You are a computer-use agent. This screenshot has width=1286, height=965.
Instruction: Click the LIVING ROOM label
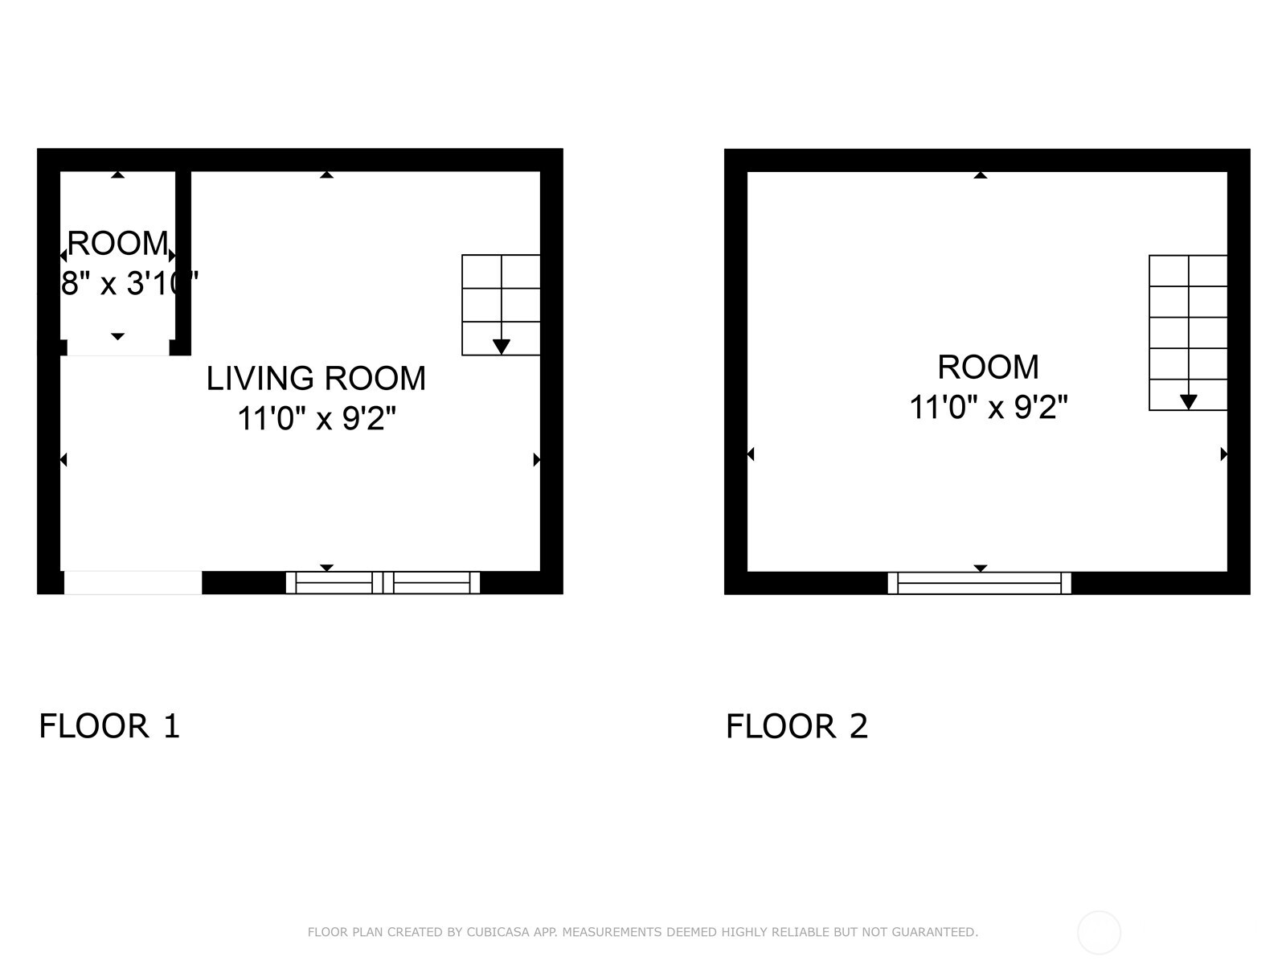click(316, 379)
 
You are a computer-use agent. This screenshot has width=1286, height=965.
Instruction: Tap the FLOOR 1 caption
click(109, 726)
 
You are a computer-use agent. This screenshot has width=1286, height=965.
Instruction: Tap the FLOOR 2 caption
click(797, 726)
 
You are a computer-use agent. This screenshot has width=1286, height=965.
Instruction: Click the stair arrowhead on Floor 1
click(501, 347)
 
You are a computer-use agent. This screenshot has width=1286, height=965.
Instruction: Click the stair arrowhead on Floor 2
click(1188, 402)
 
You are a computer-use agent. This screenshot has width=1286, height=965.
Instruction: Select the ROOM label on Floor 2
click(988, 368)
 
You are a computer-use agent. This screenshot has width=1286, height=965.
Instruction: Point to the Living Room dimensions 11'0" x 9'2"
click(317, 419)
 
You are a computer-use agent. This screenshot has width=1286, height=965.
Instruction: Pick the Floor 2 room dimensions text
click(988, 408)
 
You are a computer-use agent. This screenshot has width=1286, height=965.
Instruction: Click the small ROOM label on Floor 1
click(117, 243)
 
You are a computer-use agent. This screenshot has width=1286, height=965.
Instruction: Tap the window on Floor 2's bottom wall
click(979, 583)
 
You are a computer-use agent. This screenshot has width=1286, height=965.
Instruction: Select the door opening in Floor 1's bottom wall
click(133, 583)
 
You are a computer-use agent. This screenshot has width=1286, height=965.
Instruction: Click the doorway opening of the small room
click(118, 348)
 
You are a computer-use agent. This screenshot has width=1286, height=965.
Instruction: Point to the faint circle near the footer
click(1099, 933)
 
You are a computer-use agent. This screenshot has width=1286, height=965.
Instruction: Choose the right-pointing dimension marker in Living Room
click(536, 460)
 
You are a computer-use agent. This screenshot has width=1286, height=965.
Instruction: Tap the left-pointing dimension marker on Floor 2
click(751, 454)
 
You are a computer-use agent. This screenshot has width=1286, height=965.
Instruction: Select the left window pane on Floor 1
click(334, 583)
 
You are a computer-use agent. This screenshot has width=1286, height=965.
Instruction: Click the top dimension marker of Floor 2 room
click(980, 175)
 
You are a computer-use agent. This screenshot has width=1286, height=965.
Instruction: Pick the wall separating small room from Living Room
click(183, 261)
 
